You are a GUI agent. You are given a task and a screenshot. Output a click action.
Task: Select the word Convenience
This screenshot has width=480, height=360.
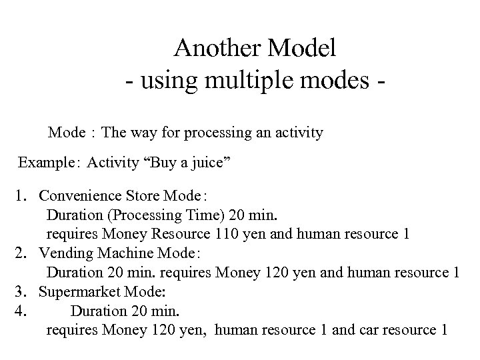pyautogui.click(x=80, y=197)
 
